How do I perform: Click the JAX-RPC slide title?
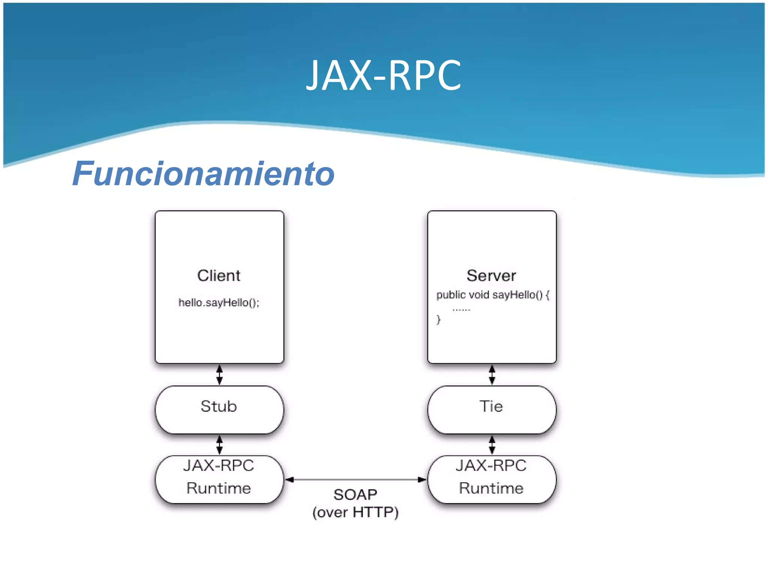(384, 76)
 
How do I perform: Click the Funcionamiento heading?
(204, 174)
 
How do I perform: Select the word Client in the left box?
(219, 276)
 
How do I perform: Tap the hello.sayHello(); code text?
(219, 303)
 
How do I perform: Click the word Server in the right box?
(491, 276)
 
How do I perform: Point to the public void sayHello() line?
(492, 295)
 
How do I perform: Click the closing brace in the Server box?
(438, 319)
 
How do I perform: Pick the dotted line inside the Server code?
(461, 310)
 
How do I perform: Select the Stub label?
(219, 406)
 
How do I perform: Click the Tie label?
(491, 406)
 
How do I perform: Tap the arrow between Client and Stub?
(220, 375)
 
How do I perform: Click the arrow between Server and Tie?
(492, 375)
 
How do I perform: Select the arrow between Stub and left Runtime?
(220, 445)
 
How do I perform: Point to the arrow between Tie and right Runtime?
(492, 445)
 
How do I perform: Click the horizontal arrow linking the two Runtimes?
(355, 479)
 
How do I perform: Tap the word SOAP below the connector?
(355, 495)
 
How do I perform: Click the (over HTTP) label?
(355, 513)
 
